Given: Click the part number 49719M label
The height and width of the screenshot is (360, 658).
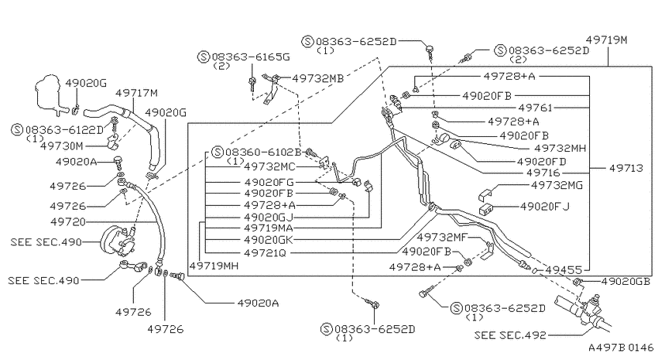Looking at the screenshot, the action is pos(606,40).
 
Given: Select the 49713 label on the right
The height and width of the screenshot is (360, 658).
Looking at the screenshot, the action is pos(626,168).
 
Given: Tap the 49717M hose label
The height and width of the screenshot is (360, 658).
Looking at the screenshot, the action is pos(136,93).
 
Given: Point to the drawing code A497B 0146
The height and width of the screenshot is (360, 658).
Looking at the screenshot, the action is pos(621,348).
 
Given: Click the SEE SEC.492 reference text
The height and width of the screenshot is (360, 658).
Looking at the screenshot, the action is pos(510,335).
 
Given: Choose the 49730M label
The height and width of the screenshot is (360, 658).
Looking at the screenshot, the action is pos(62,146).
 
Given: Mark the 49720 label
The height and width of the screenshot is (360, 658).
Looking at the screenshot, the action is pos(67,221).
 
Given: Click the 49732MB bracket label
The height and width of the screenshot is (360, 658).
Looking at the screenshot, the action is pos(317,78).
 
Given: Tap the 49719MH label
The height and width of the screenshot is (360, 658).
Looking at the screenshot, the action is pos(214,266).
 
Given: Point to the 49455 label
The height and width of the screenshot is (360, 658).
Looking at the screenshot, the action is pos(564,269).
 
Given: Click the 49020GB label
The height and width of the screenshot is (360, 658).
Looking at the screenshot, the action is pos(625,281).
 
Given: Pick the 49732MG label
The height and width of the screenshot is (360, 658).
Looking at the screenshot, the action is pos(557,185).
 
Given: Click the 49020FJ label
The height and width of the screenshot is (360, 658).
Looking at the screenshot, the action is pos(545,207).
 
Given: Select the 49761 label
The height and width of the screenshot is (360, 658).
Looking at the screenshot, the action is pos(536,108).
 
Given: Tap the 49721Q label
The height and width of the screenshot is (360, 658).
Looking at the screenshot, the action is pos(265,252).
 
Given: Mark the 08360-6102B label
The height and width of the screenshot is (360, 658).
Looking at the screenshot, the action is pos(263,152).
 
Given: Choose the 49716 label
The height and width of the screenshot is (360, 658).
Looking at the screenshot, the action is pos(543,173).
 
